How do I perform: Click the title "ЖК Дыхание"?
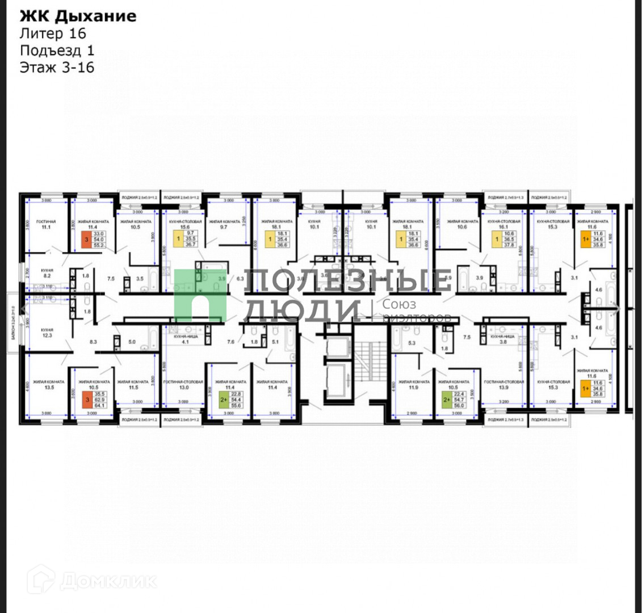(x=78, y=15)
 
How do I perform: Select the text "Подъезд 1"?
(x=57, y=51)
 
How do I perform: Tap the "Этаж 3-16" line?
(x=57, y=68)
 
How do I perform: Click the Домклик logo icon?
(x=41, y=580)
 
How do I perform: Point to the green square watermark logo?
(x=200, y=295)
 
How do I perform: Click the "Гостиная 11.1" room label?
(x=46, y=224)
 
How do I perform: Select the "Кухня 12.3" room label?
(x=47, y=332)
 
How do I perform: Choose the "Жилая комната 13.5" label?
(x=47, y=385)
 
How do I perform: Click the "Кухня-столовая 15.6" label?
(x=183, y=224)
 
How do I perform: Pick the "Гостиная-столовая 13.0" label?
(x=183, y=385)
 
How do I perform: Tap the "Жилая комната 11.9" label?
(x=413, y=385)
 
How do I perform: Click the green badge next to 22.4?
(x=447, y=399)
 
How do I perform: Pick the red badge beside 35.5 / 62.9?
(x=87, y=399)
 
